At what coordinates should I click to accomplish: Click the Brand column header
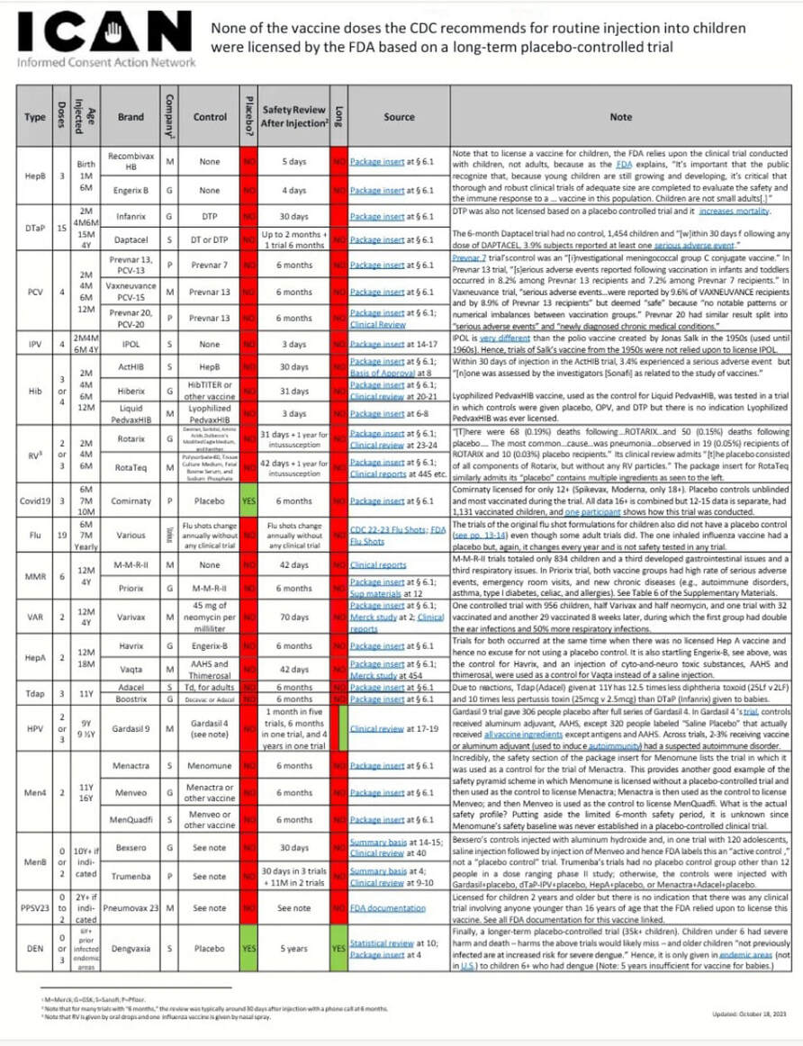pos(131,117)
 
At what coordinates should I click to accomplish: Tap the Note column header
pos(620,117)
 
